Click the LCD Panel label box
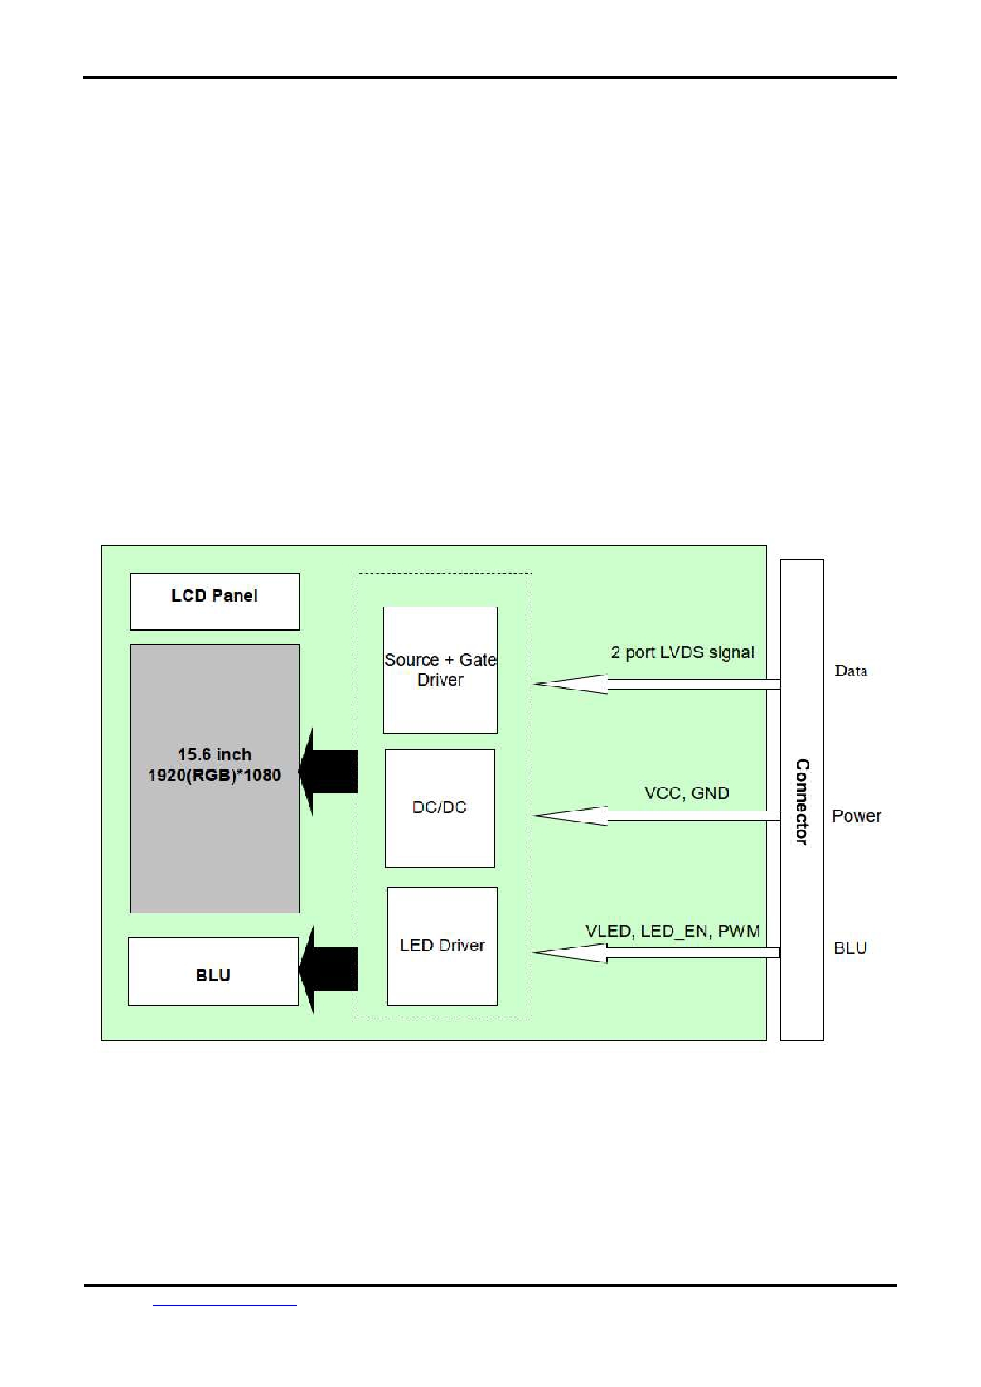214,601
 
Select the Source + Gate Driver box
440,670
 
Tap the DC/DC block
440,807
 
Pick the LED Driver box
441,946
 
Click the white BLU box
214,972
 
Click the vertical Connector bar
801,800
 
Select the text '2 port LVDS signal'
682,652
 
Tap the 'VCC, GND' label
687,793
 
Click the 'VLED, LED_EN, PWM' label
672,932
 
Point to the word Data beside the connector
851,671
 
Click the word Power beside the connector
856,816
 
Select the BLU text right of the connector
850,948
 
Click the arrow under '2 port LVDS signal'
657,684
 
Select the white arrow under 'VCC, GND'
657,815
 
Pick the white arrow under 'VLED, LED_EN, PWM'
657,953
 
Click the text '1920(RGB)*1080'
214,775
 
